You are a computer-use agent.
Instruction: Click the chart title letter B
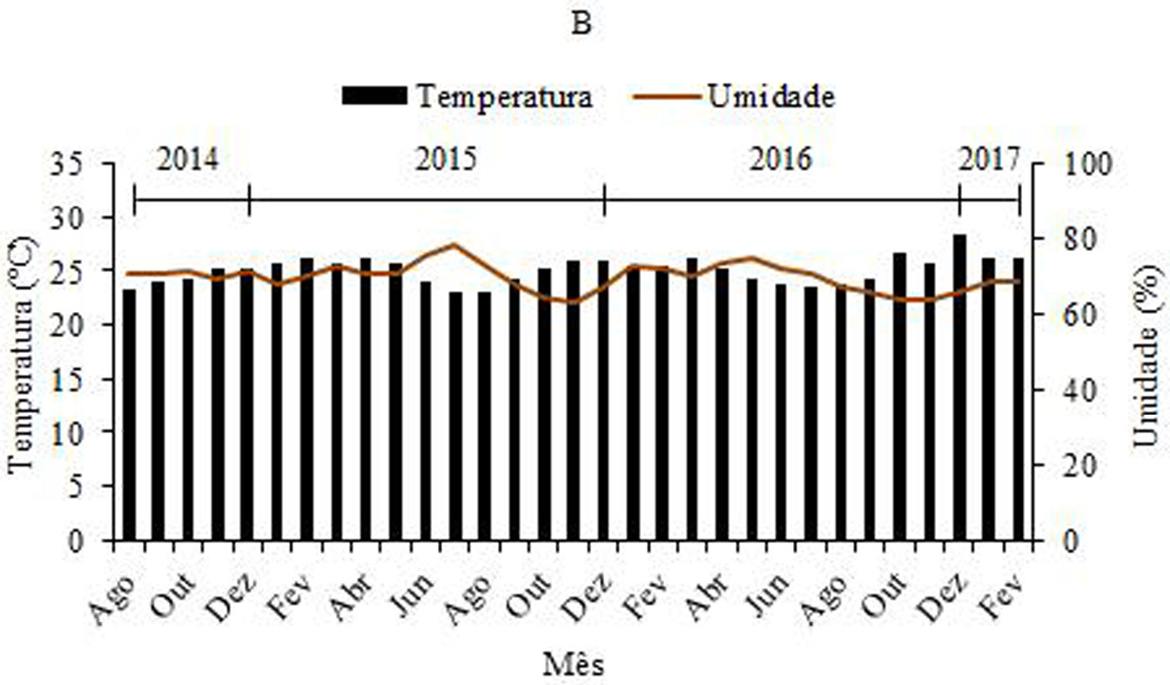(582, 24)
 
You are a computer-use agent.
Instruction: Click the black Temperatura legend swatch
(374, 96)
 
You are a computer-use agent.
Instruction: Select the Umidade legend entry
(770, 96)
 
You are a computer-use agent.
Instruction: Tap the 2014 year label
(188, 159)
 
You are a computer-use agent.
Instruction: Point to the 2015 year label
(446, 159)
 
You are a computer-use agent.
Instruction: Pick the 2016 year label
(781, 159)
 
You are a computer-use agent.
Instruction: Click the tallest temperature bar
(959, 385)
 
